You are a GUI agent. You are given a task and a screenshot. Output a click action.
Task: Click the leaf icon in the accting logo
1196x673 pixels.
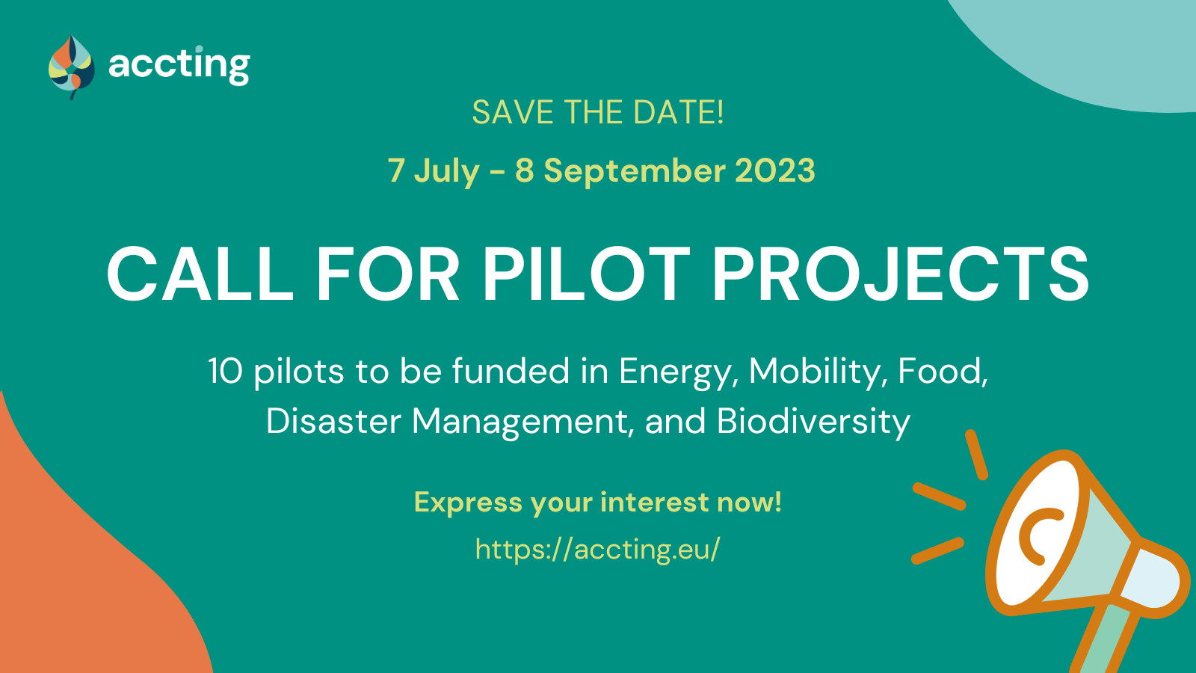pyautogui.click(x=72, y=67)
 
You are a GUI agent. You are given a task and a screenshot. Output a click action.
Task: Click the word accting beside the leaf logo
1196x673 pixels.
pyautogui.click(x=179, y=65)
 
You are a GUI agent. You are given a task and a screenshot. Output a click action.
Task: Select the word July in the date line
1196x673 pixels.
pyautogui.click(x=447, y=171)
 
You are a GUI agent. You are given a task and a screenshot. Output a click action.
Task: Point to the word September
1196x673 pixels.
pyautogui.click(x=635, y=171)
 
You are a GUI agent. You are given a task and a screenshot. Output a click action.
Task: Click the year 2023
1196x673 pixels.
pyautogui.click(x=775, y=170)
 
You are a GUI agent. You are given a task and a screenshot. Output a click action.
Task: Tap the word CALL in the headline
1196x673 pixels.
pyautogui.click(x=200, y=274)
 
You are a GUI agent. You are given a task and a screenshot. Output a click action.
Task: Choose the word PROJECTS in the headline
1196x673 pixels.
pyautogui.click(x=901, y=274)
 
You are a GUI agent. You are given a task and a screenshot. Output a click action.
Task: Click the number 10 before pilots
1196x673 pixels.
pyautogui.click(x=225, y=371)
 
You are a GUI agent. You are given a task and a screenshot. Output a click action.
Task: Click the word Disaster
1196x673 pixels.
pyautogui.click(x=333, y=422)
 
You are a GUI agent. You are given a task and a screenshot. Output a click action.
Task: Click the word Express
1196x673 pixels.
pyautogui.click(x=468, y=503)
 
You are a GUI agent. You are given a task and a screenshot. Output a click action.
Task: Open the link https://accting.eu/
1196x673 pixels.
pyautogui.click(x=598, y=549)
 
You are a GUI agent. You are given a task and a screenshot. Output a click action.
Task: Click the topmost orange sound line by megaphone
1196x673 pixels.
pyautogui.click(x=976, y=455)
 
